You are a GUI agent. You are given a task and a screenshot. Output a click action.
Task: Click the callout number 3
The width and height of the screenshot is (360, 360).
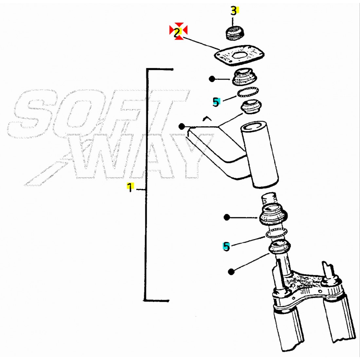[234, 11]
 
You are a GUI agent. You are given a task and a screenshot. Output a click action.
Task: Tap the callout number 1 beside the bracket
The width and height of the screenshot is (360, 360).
[130, 187]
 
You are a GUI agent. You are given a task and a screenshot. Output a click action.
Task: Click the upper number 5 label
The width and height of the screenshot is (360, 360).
[216, 102]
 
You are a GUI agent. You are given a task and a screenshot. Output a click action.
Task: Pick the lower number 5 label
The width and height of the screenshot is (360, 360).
[226, 246]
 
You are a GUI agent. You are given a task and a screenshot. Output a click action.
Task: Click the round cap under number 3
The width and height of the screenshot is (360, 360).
[234, 34]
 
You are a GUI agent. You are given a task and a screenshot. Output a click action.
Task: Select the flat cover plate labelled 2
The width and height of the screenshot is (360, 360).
[239, 55]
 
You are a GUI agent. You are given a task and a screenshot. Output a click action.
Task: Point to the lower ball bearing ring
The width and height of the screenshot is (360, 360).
[277, 233]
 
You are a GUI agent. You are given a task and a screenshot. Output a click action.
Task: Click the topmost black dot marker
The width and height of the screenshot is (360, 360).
[212, 79]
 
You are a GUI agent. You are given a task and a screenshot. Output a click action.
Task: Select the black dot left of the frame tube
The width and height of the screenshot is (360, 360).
[182, 126]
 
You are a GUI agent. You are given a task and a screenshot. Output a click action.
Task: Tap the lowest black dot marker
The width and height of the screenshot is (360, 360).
[231, 272]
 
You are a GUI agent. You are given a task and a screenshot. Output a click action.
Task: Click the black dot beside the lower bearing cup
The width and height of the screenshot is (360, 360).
[226, 217]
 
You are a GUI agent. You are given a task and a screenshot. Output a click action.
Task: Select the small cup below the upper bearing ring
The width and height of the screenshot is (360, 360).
[251, 107]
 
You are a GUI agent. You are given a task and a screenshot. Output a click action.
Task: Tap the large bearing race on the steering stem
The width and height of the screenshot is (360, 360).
[274, 214]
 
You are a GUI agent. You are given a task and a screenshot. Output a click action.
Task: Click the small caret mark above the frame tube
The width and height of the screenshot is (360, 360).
[207, 118]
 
